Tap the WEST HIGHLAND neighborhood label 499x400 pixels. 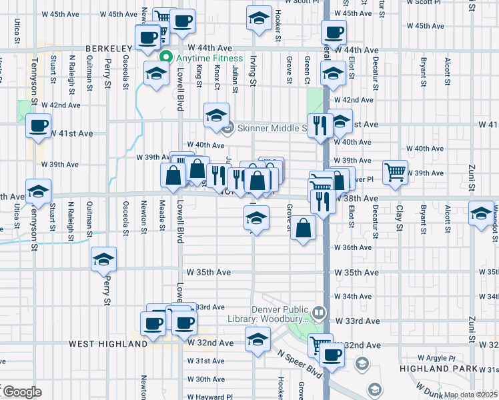[107, 344]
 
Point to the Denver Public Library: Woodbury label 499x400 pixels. [280, 314]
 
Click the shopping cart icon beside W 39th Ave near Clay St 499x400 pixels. [395, 171]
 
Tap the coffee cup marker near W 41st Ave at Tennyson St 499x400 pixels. [39, 125]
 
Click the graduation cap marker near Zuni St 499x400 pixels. [481, 213]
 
